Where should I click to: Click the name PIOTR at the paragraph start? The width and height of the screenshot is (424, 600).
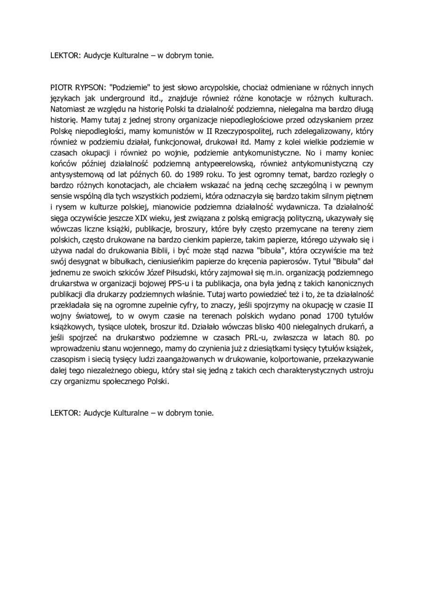click(x=60, y=88)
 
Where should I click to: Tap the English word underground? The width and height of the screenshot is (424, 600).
click(x=123, y=99)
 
